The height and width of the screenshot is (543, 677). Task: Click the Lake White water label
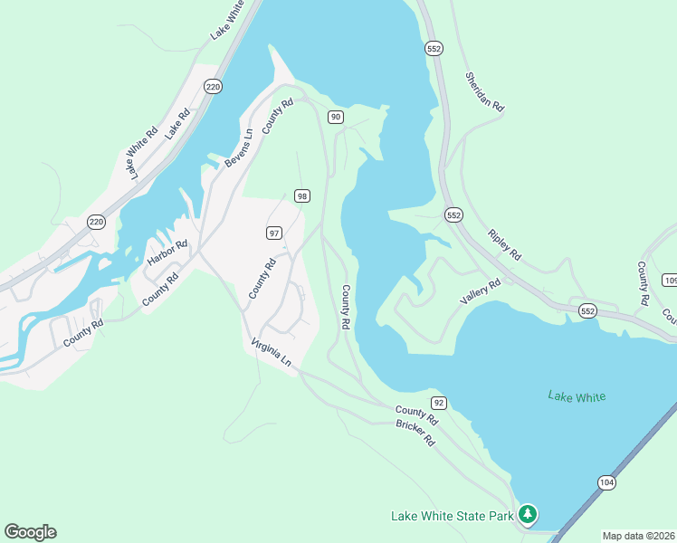coord(577,396)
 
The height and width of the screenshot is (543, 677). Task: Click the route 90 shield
coord(335,117)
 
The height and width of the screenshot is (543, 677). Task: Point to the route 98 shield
coord(302,196)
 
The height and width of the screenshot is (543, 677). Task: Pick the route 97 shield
coord(274,233)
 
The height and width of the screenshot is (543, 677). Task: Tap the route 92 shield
coord(439,402)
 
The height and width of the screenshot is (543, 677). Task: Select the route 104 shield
coord(606,482)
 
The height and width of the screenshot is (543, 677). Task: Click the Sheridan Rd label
coord(484,91)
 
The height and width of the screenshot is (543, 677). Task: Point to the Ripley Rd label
coord(504,243)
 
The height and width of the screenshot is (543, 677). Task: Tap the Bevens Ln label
coord(238,148)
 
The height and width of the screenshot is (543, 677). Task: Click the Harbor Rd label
coord(167,257)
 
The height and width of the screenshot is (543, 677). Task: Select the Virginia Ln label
coord(272,354)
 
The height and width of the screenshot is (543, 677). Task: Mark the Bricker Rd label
coord(415,433)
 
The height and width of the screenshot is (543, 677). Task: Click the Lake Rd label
coord(176,123)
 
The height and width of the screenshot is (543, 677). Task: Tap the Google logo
coord(30,532)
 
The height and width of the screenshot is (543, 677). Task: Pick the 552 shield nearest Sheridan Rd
coord(434,47)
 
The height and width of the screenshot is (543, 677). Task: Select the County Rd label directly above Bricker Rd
coord(417,415)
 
